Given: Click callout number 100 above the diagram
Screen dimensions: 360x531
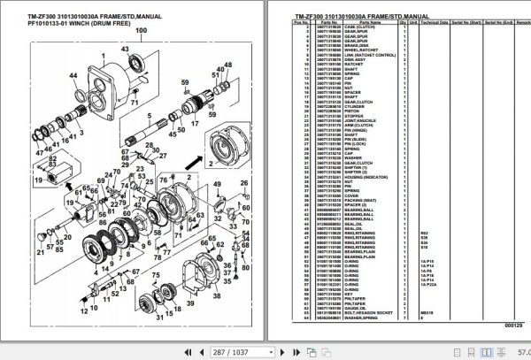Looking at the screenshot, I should [140, 30].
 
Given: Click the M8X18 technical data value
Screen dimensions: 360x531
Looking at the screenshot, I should [427, 310].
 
